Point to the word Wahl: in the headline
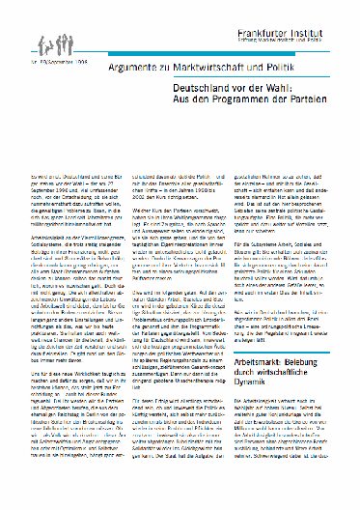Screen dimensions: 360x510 coord(275,86)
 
